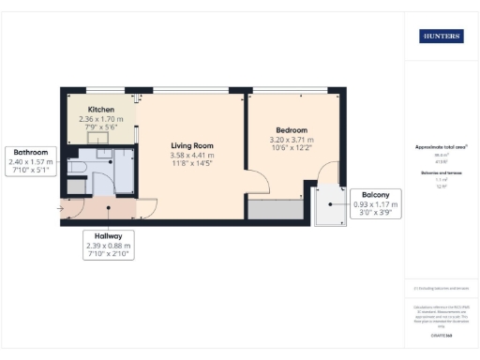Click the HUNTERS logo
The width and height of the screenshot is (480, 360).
441,36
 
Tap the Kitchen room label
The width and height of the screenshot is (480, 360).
101,110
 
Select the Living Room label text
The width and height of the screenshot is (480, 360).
192,145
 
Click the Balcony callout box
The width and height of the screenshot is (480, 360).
374,203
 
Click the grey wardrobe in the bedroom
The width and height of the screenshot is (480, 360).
276,210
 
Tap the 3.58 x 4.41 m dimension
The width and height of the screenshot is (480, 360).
192,156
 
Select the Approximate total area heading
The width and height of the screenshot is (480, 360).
441,147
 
